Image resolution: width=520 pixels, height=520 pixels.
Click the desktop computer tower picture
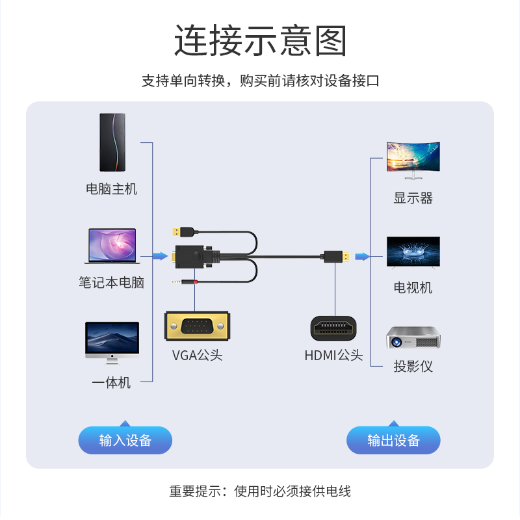click(112, 142)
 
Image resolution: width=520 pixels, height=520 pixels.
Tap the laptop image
click(112, 246)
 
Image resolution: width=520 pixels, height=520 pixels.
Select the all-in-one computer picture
click(112, 341)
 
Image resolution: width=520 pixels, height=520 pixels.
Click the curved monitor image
click(413, 159)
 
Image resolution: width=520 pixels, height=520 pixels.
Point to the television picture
click(413, 252)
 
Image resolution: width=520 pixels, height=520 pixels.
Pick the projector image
click(413, 337)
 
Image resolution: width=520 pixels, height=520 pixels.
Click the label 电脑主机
click(112, 189)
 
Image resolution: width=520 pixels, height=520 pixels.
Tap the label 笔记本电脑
click(112, 283)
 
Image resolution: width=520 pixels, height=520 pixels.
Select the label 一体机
click(112, 383)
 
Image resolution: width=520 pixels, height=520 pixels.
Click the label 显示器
click(413, 198)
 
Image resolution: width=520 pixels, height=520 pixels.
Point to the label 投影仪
click(413, 366)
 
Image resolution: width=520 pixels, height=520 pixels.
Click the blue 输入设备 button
click(125, 440)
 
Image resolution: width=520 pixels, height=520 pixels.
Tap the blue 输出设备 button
click(393, 440)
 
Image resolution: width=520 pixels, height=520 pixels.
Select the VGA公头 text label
click(197, 356)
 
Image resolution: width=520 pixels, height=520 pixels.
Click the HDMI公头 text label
click(333, 356)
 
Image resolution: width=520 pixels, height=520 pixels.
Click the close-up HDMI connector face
click(334, 328)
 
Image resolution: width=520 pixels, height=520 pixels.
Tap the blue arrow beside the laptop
click(160, 256)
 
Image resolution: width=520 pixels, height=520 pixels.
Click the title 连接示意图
click(260, 40)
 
